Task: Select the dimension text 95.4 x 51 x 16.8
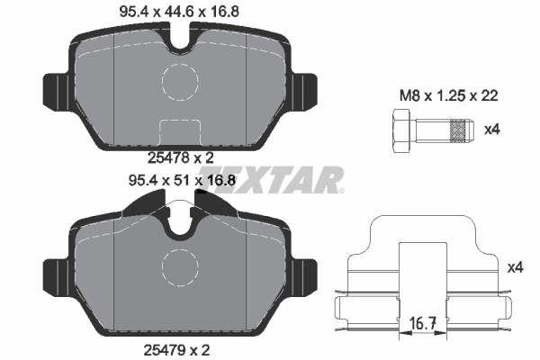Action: click(183, 180)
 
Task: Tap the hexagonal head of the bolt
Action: click(400, 130)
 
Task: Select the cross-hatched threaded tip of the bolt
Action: click(462, 130)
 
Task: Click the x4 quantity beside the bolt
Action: click(491, 130)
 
